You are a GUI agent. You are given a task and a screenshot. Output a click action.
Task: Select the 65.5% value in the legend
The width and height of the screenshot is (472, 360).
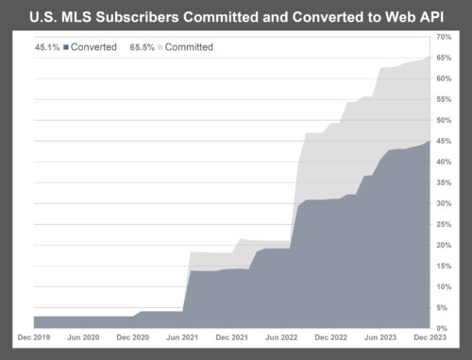[141, 46]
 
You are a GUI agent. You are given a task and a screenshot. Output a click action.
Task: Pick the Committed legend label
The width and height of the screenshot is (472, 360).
[189, 46]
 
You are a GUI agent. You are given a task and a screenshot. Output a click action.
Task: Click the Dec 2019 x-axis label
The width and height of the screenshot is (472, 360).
[34, 336]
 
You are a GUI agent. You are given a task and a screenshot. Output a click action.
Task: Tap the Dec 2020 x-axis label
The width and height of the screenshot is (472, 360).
[132, 336]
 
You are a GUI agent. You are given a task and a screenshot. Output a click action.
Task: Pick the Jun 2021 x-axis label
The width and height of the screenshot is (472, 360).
[181, 336]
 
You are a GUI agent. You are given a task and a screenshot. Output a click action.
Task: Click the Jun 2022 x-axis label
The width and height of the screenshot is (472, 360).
[280, 336]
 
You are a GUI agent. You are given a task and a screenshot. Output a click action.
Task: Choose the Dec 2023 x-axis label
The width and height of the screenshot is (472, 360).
[428, 336]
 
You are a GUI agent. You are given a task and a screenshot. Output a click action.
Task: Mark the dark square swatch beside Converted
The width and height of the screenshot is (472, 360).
[68, 46]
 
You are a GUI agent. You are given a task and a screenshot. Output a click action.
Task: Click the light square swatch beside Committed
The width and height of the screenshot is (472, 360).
[160, 46]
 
